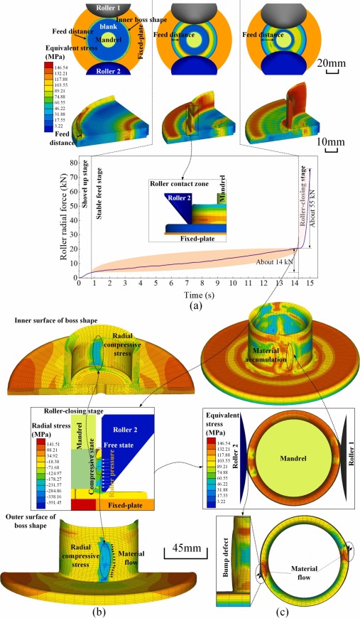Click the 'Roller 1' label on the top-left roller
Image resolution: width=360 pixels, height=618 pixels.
click(x=97, y=11)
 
